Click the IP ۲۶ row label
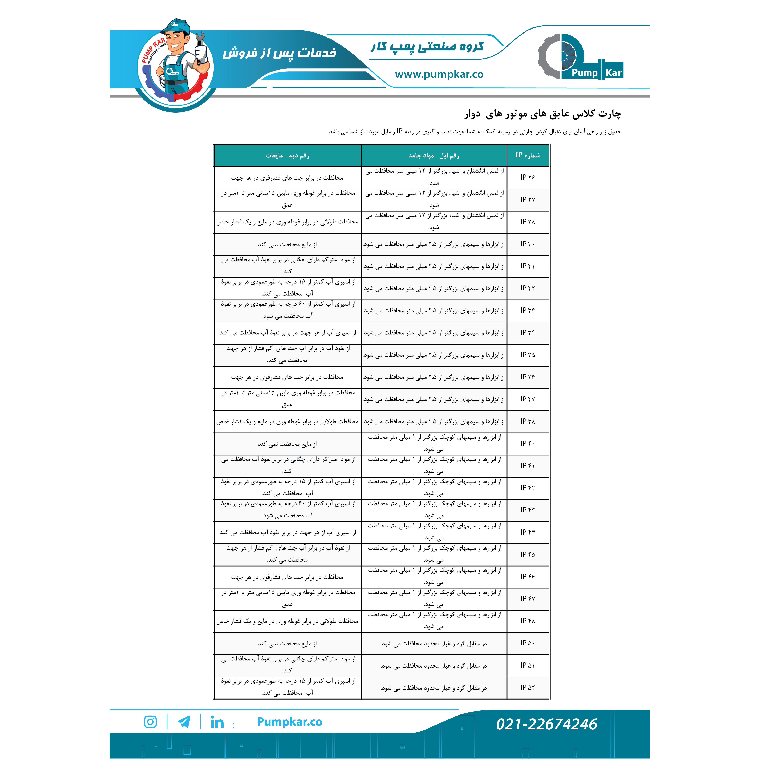point(528,177)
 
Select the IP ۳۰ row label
point(528,244)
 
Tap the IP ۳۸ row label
point(528,421)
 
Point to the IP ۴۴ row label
point(528,532)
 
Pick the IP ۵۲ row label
point(528,687)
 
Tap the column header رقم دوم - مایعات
point(287,156)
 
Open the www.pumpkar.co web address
point(439,74)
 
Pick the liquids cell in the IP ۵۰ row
point(287,643)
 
